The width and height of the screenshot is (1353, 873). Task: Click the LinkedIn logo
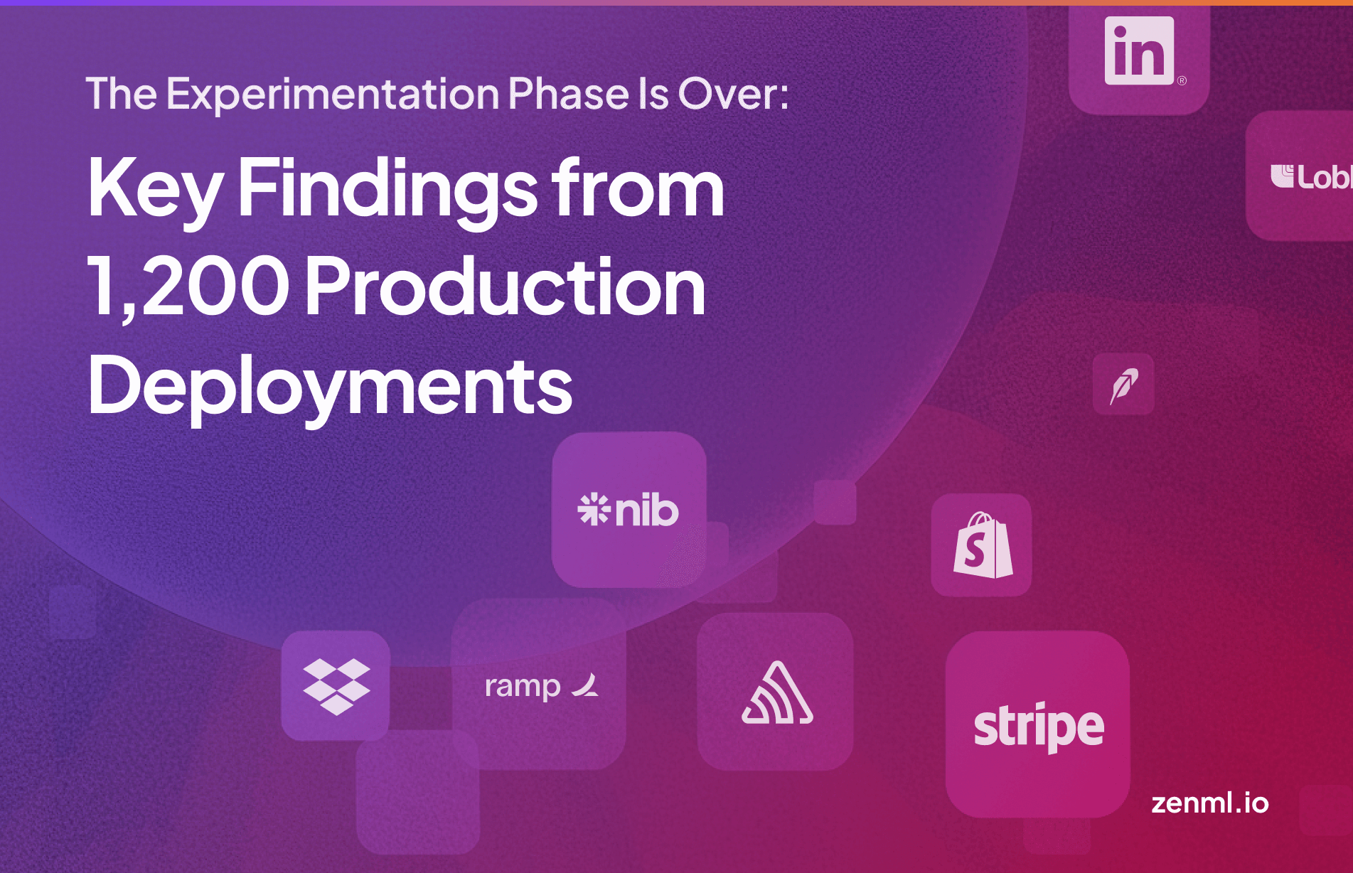click(x=1139, y=51)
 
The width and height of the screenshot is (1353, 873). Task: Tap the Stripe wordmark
click(x=1038, y=726)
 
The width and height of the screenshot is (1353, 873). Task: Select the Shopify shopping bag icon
click(x=983, y=545)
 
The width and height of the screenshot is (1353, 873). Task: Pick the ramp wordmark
click(x=523, y=687)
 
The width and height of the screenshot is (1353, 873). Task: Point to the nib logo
click(x=629, y=510)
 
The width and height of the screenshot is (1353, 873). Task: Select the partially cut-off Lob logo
click(x=1310, y=177)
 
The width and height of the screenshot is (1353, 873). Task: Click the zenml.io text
click(x=1209, y=803)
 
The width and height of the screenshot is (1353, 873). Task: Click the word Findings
click(x=387, y=189)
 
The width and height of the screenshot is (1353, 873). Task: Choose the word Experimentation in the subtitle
click(x=333, y=94)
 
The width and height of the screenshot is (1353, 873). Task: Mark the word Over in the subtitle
click(x=732, y=94)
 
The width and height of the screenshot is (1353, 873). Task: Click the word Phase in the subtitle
click(x=568, y=94)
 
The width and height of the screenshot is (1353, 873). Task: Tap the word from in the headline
click(x=638, y=188)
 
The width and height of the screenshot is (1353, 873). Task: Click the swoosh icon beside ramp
click(x=586, y=685)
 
